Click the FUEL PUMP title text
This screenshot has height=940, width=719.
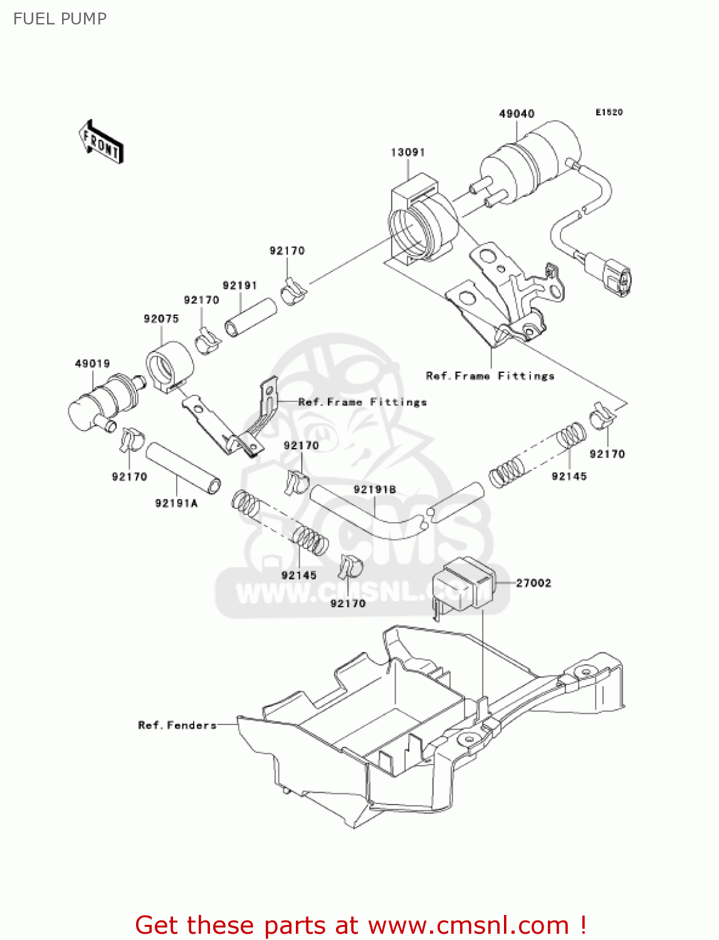[60, 19]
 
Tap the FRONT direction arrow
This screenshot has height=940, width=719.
[101, 142]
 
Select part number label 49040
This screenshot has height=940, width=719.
[516, 113]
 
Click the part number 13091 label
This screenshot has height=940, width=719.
[407, 152]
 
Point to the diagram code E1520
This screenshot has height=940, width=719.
[609, 112]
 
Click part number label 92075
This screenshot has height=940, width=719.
[161, 318]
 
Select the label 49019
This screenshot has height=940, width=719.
[92, 363]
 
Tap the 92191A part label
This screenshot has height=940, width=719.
[176, 503]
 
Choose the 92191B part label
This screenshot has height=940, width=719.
[374, 489]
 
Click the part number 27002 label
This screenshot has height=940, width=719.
[533, 583]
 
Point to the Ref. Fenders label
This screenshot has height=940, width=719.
[177, 725]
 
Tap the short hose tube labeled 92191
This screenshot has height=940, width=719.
[251, 318]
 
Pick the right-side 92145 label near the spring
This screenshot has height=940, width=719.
[569, 476]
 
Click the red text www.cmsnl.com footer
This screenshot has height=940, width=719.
[360, 925]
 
